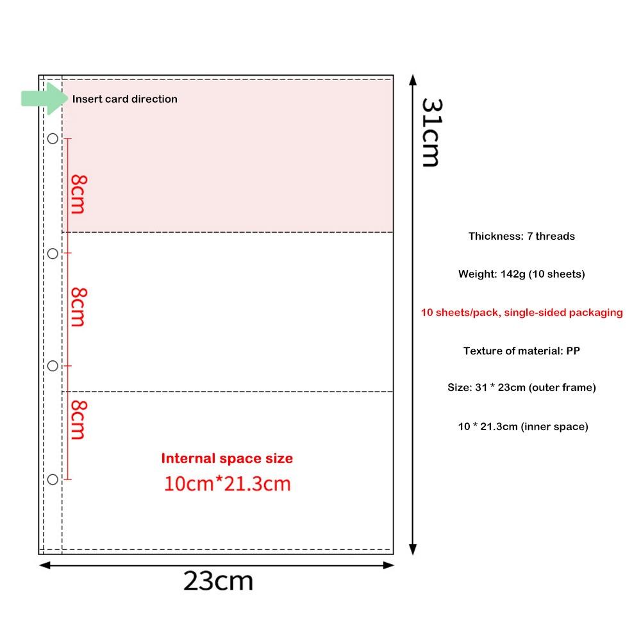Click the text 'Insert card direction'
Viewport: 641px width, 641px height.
click(x=125, y=99)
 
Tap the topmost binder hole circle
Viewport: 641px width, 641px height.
click(x=53, y=138)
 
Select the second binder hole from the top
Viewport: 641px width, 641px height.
click(x=53, y=254)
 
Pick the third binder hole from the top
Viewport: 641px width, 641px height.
click(x=53, y=366)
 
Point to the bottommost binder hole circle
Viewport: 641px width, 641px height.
click(x=53, y=479)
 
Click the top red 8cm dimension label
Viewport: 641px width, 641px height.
click(x=78, y=194)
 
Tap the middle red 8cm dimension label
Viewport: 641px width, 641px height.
click(x=78, y=307)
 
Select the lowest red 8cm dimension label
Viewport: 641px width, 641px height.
click(x=78, y=420)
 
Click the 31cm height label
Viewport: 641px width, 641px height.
click(x=432, y=133)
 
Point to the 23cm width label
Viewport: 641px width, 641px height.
click(x=219, y=581)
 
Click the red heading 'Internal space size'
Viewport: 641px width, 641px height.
click(x=227, y=458)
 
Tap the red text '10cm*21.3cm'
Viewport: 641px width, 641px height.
click(x=228, y=483)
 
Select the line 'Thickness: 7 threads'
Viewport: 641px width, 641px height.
click(x=522, y=237)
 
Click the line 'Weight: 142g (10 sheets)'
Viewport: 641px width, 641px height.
click(x=522, y=274)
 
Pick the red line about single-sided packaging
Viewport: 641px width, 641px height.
click(x=522, y=313)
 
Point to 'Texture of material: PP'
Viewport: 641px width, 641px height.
click(x=522, y=351)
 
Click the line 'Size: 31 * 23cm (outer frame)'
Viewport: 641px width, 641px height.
click(x=522, y=388)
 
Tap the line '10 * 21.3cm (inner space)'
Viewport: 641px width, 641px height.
click(x=523, y=427)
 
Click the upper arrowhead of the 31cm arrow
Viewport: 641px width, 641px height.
click(x=413, y=79)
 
